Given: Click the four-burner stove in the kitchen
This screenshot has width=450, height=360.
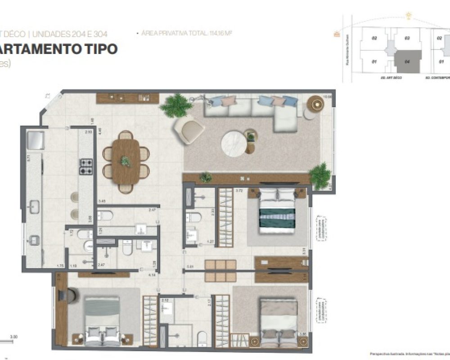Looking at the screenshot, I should point(86,166).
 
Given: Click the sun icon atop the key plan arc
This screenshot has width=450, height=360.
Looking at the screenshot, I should point(409,17).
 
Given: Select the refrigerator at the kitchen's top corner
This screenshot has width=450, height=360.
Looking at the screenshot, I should point(35,140).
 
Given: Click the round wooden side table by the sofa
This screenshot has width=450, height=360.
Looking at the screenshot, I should point(315,104).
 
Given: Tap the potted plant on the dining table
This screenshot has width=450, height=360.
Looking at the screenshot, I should point(126,161).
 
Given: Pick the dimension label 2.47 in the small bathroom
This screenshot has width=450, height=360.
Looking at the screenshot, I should point(101,265).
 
